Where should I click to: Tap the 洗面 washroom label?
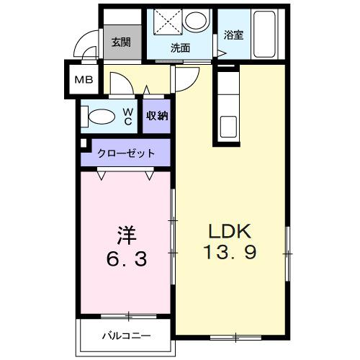[x=180, y=48]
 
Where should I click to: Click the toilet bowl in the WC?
[x=101, y=115]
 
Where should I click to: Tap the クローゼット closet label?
[x=127, y=153]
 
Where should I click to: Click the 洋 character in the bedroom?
[x=127, y=235]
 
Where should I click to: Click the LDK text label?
[x=229, y=232]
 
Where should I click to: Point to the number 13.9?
[x=230, y=253]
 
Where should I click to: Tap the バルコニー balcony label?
[x=125, y=336]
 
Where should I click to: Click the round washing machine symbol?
[x=194, y=21]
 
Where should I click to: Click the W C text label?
[x=127, y=116]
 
